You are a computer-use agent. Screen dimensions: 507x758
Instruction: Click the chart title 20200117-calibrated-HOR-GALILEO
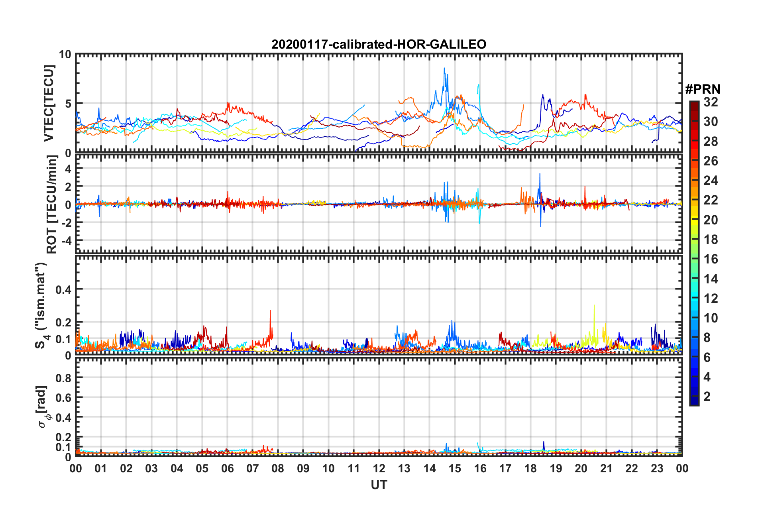pos(379,44)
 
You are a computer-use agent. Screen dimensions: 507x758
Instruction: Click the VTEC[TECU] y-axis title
pos(49,103)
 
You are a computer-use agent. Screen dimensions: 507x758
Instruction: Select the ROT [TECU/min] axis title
pos(52,204)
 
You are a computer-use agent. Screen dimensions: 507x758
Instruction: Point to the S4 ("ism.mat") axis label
pos(41,305)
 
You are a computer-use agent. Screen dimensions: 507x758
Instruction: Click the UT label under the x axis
pos(379,485)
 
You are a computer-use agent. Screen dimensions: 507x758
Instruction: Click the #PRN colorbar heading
pos(703,89)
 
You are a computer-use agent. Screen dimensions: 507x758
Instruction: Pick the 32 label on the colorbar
pos(711,102)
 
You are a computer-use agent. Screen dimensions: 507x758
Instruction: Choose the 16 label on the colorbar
pos(711,259)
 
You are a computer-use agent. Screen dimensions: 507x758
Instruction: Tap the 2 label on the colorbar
pos(707,396)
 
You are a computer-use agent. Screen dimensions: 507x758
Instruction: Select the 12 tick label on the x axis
pos(379,468)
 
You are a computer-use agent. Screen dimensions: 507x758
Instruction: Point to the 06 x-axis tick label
pos(227,468)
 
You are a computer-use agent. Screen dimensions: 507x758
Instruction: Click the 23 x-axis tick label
pos(657,468)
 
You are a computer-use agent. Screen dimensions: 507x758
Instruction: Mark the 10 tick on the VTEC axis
pos(65,54)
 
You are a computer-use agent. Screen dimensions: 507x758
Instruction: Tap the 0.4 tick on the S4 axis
pos(63,289)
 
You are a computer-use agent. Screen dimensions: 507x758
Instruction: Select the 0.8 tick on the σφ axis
pos(63,378)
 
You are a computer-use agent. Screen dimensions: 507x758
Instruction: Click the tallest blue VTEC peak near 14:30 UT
pos(444,69)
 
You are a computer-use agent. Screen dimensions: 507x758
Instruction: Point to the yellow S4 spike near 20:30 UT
pos(594,306)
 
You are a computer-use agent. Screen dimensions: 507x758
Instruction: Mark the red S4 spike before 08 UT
pos(270,311)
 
